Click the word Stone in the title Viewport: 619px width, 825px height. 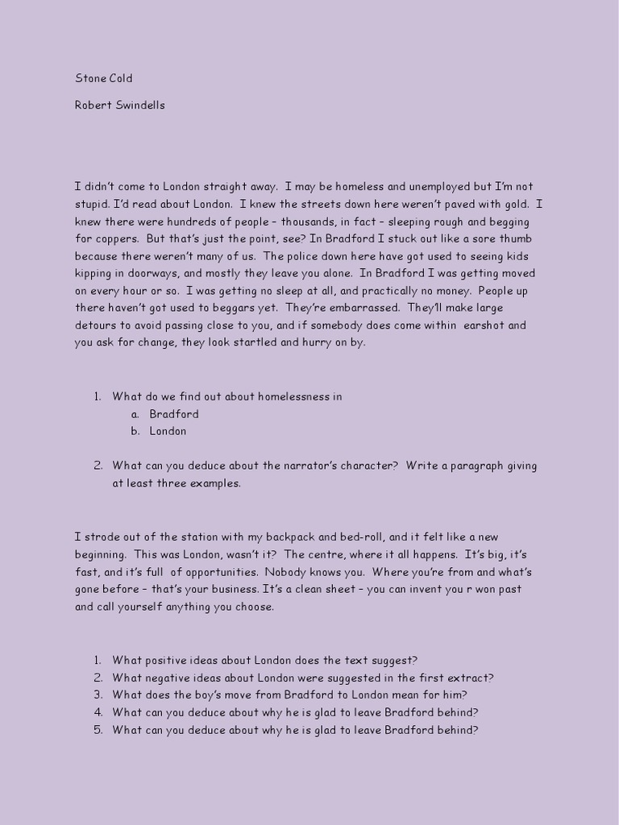90,79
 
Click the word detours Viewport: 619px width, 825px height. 97,325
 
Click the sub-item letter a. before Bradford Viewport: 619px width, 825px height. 134,414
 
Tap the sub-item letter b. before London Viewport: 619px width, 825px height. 135,431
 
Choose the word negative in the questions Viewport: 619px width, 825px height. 168,678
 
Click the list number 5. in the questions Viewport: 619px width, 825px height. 98,730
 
